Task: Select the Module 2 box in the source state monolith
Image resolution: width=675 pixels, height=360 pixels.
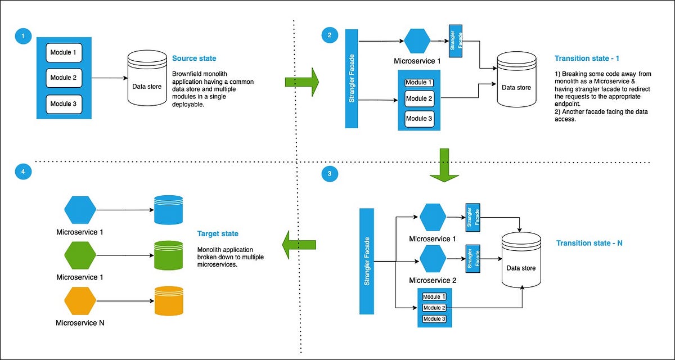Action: click(x=63, y=78)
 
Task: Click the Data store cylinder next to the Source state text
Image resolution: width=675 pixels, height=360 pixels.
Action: click(x=146, y=78)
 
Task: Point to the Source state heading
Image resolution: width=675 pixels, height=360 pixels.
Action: click(x=193, y=58)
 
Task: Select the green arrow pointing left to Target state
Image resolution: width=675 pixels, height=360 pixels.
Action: click(x=298, y=244)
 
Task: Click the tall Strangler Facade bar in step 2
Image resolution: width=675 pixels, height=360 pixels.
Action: click(x=351, y=78)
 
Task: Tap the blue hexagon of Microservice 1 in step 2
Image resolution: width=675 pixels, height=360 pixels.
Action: click(x=417, y=40)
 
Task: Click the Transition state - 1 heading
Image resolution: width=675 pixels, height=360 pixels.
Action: click(x=587, y=58)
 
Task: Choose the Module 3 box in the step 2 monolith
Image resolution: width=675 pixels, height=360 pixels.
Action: click(x=419, y=118)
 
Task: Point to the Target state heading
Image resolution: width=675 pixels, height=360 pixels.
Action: click(x=218, y=233)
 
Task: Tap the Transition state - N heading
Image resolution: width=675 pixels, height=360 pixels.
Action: click(x=589, y=243)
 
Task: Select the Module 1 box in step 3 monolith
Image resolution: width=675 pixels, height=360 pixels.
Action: click(x=434, y=296)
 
